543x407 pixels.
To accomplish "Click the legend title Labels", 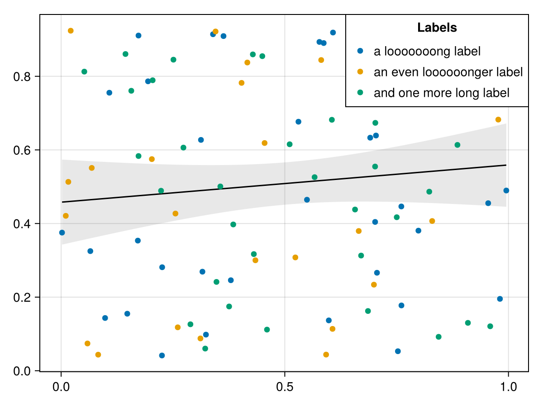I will coord(437,28).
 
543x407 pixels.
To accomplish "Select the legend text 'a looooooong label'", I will coord(427,52).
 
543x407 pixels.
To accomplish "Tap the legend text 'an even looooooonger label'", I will coord(448,72).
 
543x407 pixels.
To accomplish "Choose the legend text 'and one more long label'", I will coord(441,93).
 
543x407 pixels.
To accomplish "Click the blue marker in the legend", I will coord(360,51).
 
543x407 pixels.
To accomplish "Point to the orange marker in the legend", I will coord(360,71).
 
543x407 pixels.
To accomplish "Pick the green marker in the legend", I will coord(360,92).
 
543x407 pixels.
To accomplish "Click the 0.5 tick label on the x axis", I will coord(285,388).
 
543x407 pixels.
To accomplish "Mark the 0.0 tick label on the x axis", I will coord(61,388).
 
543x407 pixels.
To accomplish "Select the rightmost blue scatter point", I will coord(506,190).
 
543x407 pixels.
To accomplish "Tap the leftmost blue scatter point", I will coord(62,232).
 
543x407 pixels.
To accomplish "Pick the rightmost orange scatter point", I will coord(498,119).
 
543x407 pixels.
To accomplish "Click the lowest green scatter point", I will coord(205,348).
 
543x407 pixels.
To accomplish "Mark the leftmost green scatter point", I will coord(84,71).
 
